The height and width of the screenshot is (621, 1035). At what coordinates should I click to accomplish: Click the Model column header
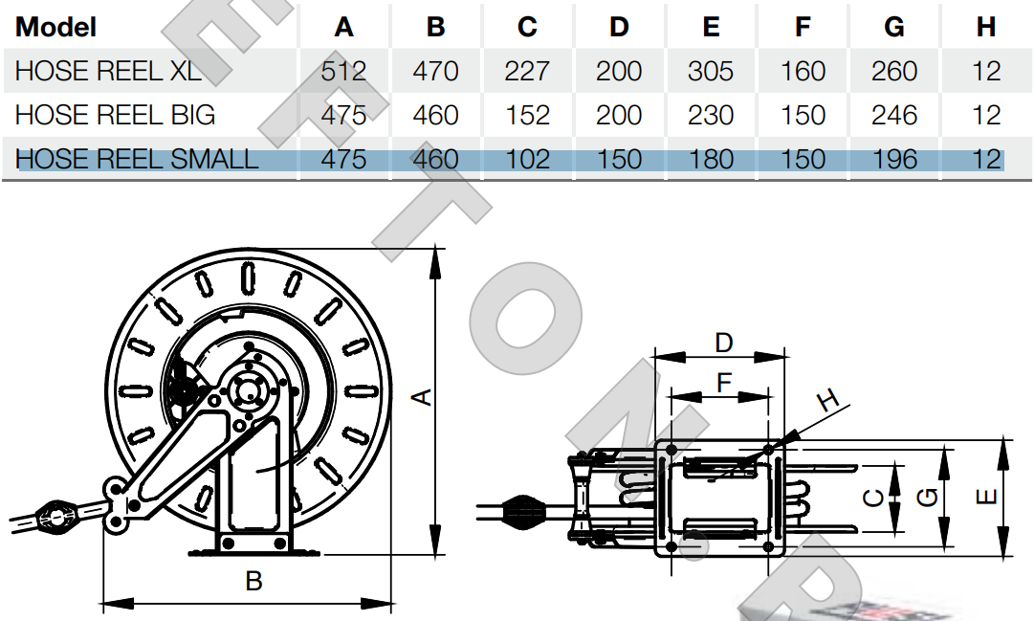coord(55,27)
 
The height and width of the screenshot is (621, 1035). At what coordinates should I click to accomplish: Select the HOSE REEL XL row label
coord(108,71)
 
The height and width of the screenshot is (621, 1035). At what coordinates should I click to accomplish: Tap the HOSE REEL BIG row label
coord(115,115)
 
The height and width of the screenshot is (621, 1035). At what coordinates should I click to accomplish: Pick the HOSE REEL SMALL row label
coord(136,159)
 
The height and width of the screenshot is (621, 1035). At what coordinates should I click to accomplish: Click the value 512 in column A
coord(343,71)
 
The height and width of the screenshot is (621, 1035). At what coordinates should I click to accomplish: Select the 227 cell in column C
coord(527,71)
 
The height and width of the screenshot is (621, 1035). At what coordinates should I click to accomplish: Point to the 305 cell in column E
coord(710,71)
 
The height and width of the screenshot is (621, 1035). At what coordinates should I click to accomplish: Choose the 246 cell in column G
coord(893,115)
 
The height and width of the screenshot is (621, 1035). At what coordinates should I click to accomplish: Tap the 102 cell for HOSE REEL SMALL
coord(527,159)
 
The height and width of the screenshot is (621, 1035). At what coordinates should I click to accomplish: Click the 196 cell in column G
coord(893,159)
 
